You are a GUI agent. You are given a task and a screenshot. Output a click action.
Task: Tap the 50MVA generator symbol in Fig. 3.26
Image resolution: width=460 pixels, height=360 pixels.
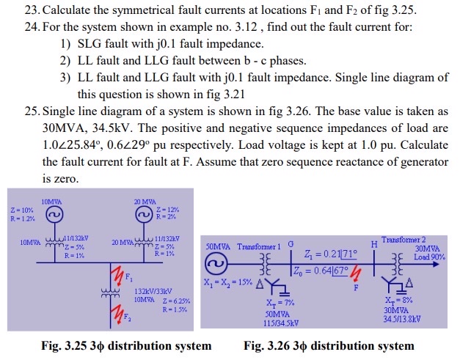click(x=216, y=262)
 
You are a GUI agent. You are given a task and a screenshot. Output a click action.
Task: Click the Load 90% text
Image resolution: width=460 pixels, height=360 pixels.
click(x=429, y=257)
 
